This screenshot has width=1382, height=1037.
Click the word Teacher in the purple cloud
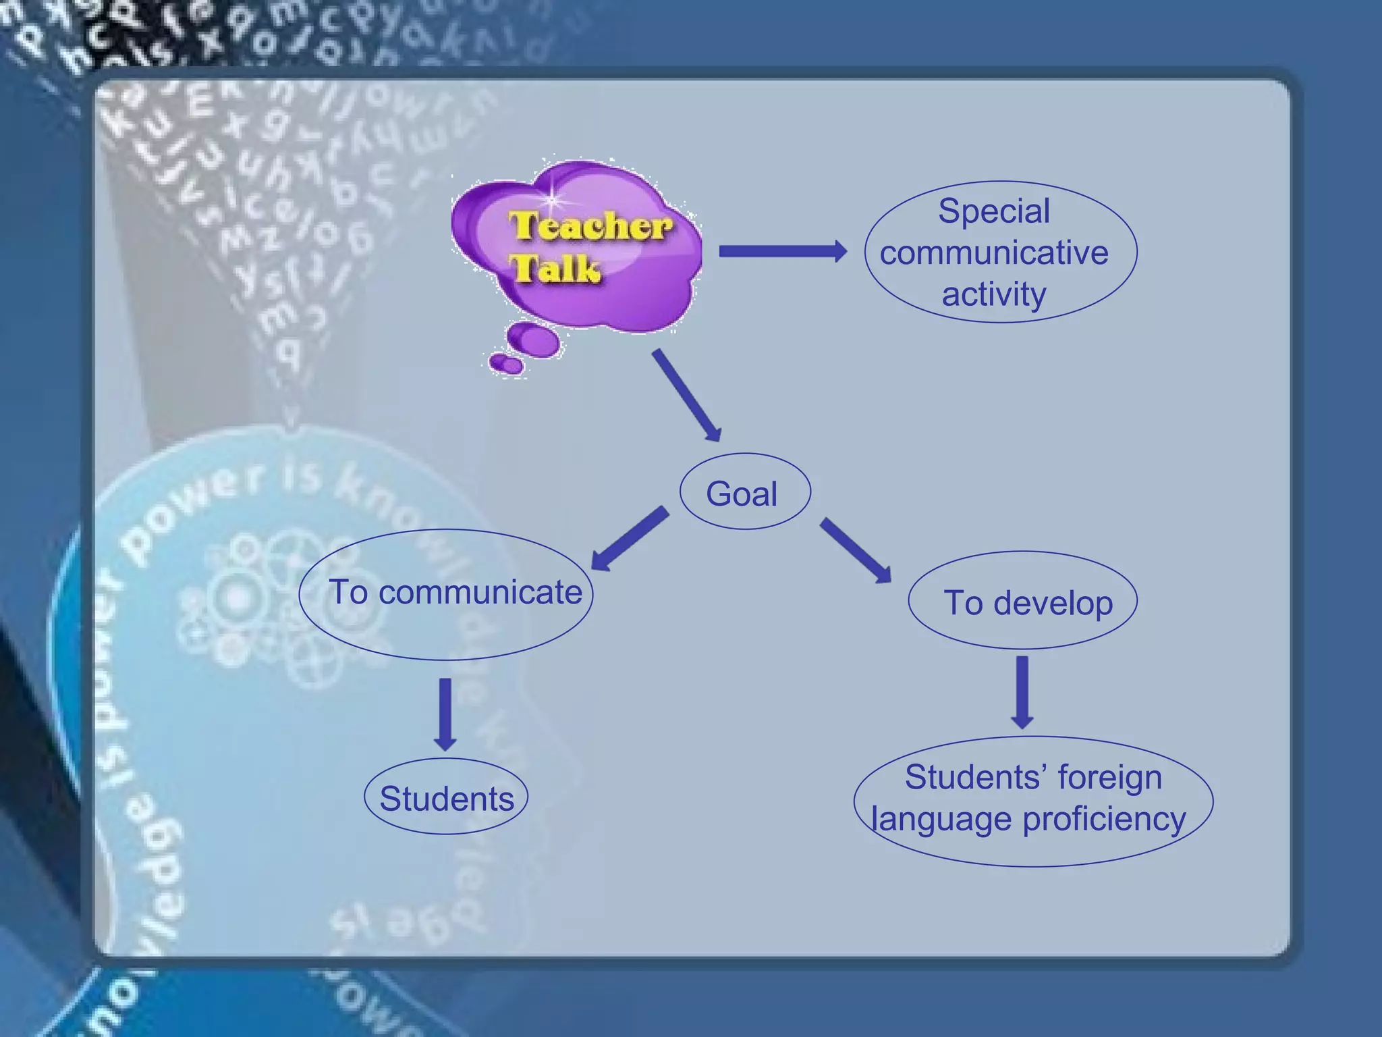tap(590, 225)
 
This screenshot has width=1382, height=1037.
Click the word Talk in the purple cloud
tap(555, 269)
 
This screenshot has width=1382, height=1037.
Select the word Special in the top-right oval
tap(993, 211)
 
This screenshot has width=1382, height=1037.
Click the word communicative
tap(993, 253)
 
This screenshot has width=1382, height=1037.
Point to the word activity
tap(993, 295)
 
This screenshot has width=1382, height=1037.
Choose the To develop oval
tap(1022, 601)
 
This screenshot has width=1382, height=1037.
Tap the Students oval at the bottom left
tap(446, 797)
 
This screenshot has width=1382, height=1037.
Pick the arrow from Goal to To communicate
tap(630, 538)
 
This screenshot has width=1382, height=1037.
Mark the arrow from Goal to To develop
tap(856, 550)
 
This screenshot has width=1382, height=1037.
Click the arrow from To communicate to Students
tap(445, 714)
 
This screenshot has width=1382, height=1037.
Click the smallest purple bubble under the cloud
tap(506, 364)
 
